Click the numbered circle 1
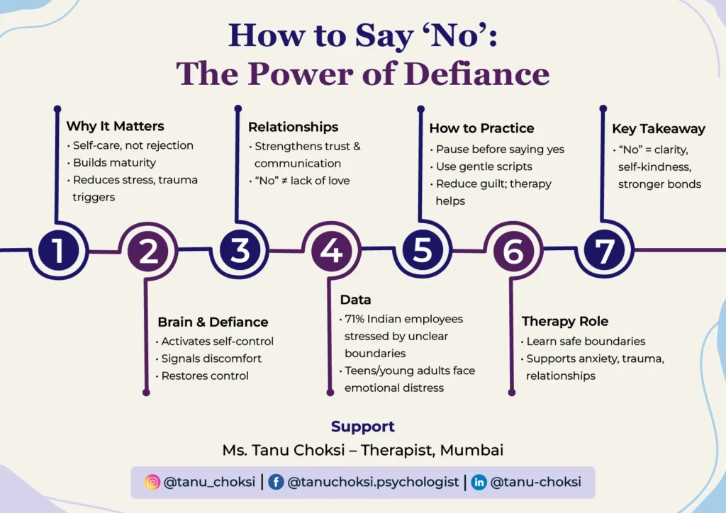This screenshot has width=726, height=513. click(x=57, y=251)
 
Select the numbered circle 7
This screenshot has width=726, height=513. click(x=604, y=251)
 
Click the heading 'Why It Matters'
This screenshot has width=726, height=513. click(x=115, y=126)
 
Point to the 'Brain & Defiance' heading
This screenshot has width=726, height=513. click(x=213, y=322)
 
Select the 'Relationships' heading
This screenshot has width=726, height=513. click(x=293, y=127)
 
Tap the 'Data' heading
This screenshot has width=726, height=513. click(x=355, y=300)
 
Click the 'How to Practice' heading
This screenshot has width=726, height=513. click(x=481, y=128)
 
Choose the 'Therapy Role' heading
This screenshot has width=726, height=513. click(x=565, y=321)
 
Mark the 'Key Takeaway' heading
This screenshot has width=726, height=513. click(x=659, y=128)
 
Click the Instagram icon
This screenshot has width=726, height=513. click(x=152, y=483)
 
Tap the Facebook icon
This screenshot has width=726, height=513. click(x=277, y=483)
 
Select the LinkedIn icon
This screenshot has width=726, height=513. click(x=479, y=483)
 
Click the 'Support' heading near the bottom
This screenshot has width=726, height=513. click(x=362, y=427)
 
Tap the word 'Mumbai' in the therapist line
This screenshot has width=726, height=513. click(x=471, y=450)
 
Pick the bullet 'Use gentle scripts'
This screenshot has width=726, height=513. click(x=484, y=167)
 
